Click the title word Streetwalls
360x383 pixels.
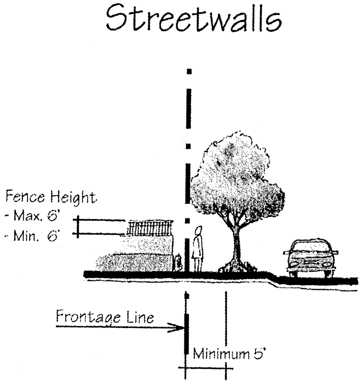(193, 19)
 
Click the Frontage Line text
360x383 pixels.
(105, 317)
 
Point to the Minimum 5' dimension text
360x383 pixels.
(229, 353)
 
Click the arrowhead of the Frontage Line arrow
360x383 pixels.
(179, 327)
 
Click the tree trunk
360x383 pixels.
(237, 247)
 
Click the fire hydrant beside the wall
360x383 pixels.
(179, 262)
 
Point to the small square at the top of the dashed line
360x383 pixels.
(188, 72)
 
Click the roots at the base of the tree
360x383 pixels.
(236, 267)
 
